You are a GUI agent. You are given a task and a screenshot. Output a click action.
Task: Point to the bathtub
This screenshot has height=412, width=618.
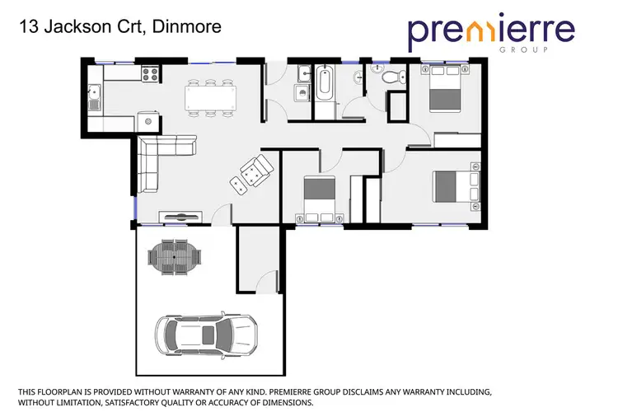(323, 85)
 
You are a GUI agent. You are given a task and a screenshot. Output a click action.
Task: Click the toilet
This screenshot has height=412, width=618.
(393, 77)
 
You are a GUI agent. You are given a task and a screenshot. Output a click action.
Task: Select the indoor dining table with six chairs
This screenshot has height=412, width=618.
(211, 96)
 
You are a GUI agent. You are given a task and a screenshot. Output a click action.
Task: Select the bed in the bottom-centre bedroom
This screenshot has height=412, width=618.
(319, 197)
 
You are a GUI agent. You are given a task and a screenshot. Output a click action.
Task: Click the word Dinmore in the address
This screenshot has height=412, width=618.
(191, 27)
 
